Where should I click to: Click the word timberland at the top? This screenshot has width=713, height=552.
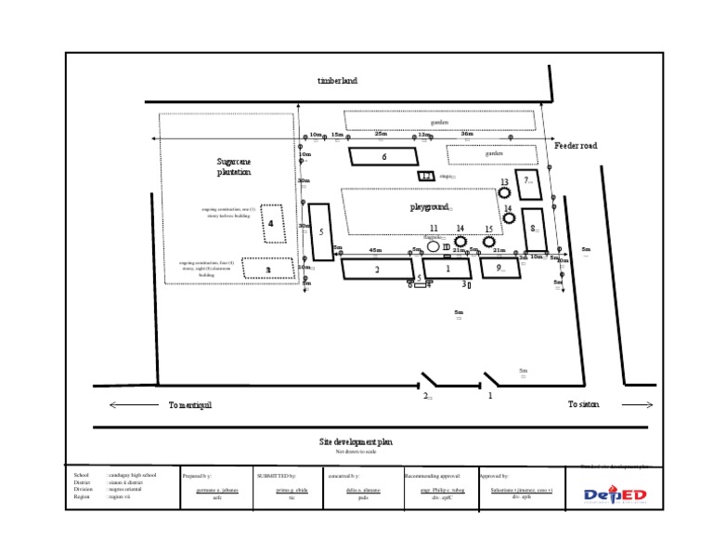click(x=337, y=81)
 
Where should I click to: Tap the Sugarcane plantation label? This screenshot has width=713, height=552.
click(x=234, y=166)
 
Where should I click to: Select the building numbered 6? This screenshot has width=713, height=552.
click(x=384, y=156)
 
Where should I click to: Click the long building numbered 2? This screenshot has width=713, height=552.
click(x=377, y=269)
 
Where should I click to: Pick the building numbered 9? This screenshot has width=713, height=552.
click(x=499, y=268)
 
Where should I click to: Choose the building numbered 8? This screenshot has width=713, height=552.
click(x=534, y=229)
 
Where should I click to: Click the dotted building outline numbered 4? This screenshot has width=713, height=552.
click(x=271, y=223)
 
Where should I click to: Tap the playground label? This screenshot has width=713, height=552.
click(x=430, y=206)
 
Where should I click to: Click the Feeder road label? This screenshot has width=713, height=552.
click(x=577, y=146)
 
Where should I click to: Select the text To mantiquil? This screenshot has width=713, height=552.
click(x=190, y=405)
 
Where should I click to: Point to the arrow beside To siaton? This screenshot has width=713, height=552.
click(x=638, y=405)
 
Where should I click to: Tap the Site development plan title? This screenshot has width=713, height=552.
click(x=356, y=441)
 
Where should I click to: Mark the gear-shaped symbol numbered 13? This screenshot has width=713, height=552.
click(x=504, y=192)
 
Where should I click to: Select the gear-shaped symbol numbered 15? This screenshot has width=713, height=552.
click(x=488, y=241)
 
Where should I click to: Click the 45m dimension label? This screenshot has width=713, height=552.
click(x=375, y=250)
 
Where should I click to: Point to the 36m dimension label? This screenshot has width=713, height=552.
click(x=467, y=134)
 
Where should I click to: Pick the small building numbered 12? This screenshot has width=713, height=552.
click(x=426, y=176)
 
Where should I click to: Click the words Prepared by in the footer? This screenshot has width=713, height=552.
click(x=199, y=475)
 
